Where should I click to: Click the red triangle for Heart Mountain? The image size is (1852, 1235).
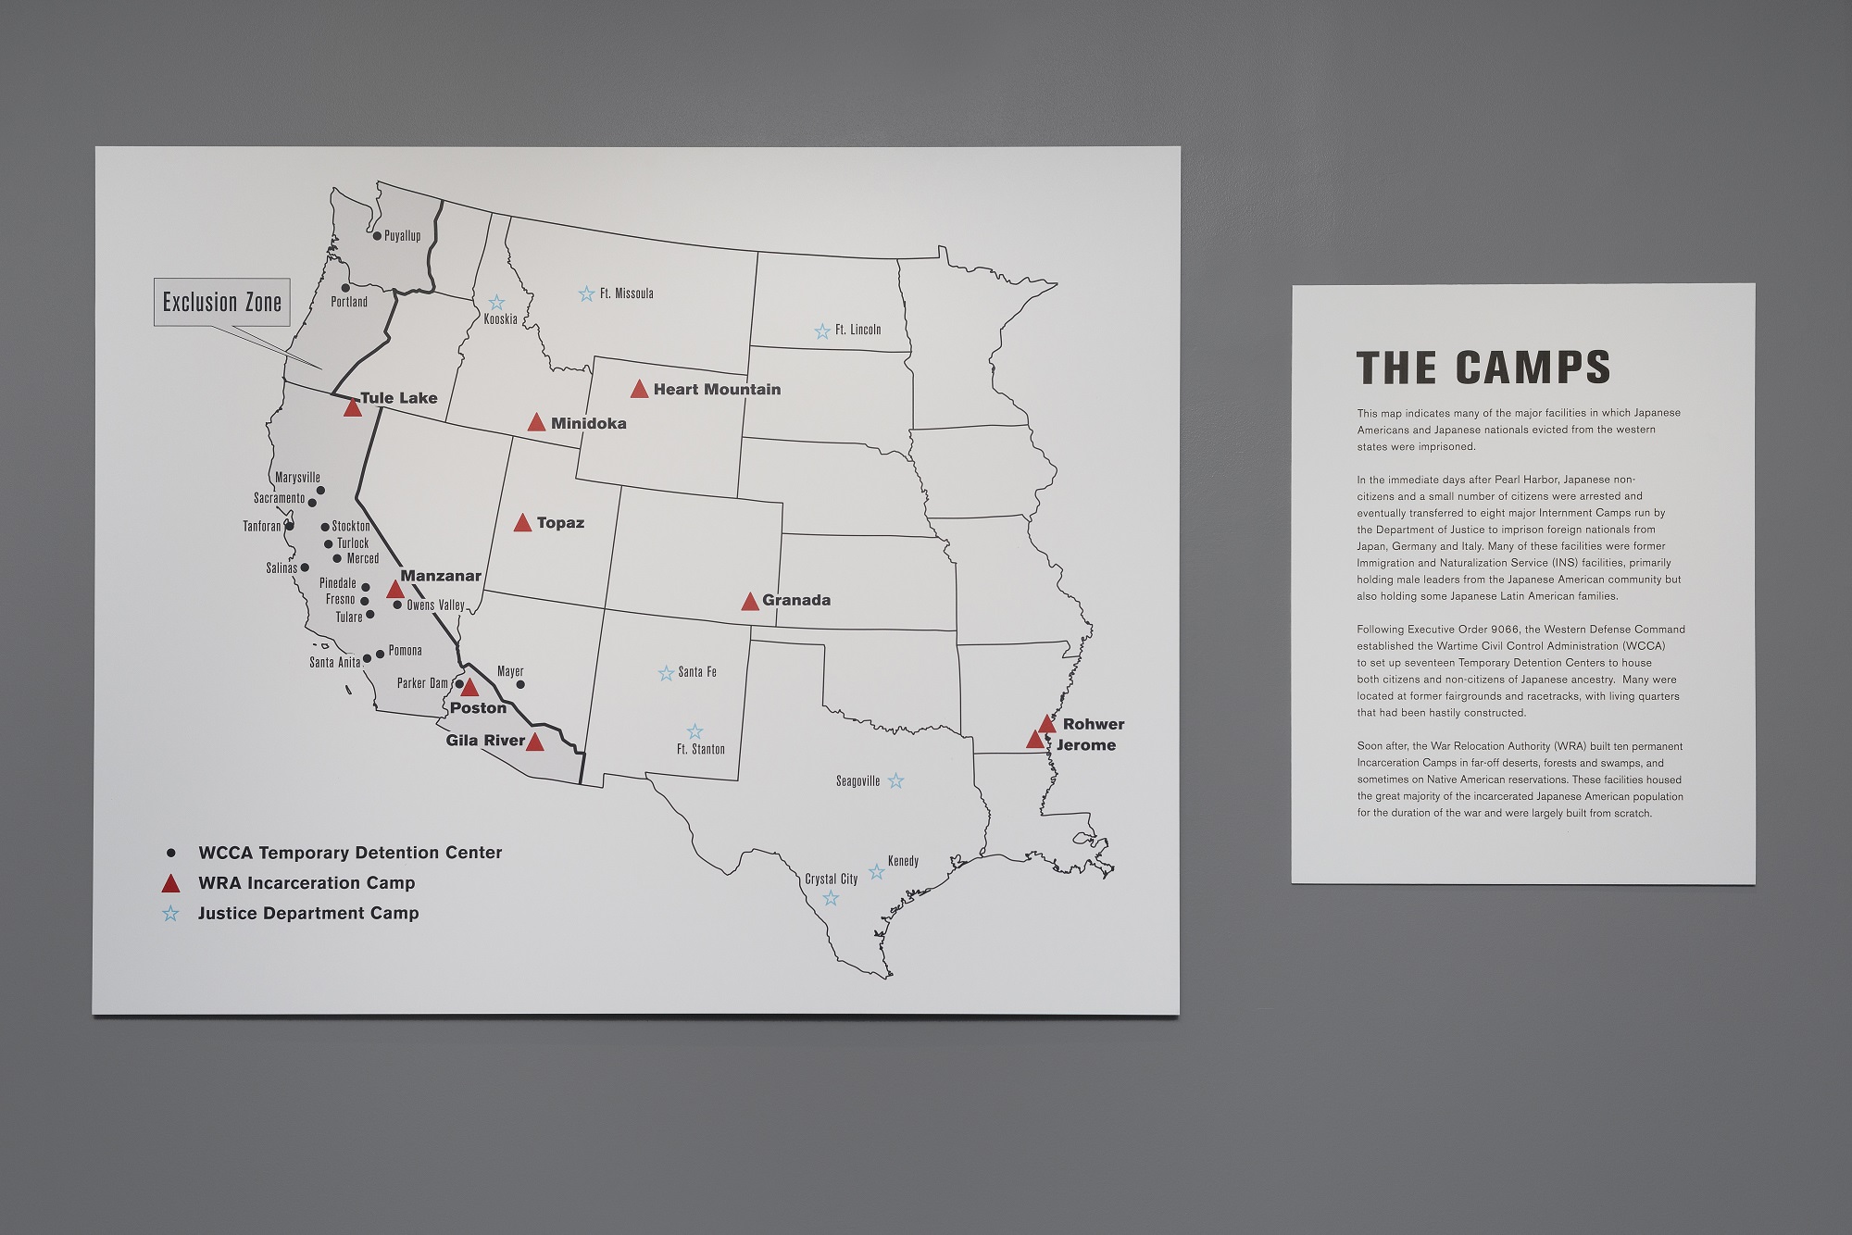click(x=639, y=390)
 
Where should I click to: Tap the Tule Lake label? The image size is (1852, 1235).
click(x=398, y=398)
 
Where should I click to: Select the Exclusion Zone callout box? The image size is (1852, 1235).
click(x=222, y=302)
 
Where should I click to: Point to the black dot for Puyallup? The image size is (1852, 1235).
click(x=377, y=236)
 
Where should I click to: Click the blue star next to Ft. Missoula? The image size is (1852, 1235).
click(x=586, y=294)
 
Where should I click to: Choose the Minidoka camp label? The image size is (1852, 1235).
click(x=588, y=423)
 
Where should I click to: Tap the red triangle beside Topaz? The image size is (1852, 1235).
click(x=522, y=523)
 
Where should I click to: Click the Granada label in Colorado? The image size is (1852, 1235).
click(x=796, y=600)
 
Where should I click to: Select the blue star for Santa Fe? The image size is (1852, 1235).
click(x=666, y=673)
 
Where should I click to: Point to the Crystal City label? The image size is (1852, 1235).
click(x=831, y=879)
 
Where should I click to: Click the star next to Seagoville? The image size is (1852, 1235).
click(x=895, y=781)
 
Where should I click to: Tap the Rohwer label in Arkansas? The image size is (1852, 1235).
click(x=1094, y=724)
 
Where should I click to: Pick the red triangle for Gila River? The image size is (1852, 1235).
click(x=535, y=742)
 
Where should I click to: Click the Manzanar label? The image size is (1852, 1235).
click(x=441, y=576)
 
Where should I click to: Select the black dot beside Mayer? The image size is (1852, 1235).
click(x=519, y=685)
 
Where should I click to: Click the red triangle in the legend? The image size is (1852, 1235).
click(x=170, y=883)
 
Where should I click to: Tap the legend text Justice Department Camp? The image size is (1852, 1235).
click(x=308, y=913)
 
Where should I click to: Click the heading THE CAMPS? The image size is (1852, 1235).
click(x=1483, y=368)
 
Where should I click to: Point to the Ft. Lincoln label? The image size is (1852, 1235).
click(x=857, y=330)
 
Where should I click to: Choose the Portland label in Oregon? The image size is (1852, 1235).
click(x=349, y=302)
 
